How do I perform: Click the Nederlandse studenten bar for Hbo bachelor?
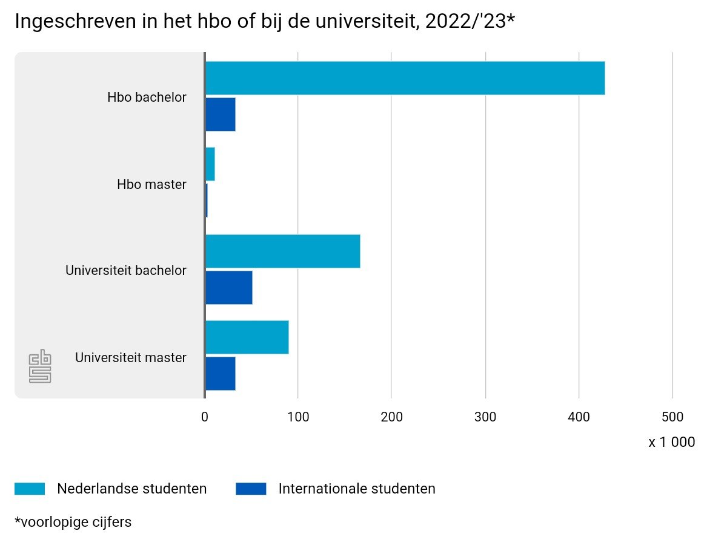click(x=405, y=78)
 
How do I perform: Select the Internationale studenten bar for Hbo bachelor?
click(x=221, y=114)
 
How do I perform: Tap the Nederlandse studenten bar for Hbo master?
click(x=210, y=164)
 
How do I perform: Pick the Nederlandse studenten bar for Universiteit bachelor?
click(x=282, y=251)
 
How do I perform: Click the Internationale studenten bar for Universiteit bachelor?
click(x=229, y=288)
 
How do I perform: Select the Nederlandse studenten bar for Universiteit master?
click(x=247, y=337)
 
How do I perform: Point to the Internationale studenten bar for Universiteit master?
click(x=221, y=374)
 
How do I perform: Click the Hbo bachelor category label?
click(x=147, y=97)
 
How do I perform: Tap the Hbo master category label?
click(x=151, y=184)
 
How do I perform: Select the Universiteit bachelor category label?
click(x=125, y=270)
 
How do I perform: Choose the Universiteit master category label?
click(x=130, y=357)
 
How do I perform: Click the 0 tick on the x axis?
click(x=205, y=417)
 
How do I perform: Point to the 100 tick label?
click(x=298, y=417)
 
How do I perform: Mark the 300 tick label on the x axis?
click(x=485, y=417)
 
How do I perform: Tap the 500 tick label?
click(x=672, y=417)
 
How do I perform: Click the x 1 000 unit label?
click(x=671, y=442)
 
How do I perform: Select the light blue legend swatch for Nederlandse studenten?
click(x=30, y=489)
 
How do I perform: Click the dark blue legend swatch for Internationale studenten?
click(x=251, y=489)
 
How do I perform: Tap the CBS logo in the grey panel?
click(x=40, y=366)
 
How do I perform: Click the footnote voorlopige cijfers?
click(x=73, y=521)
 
